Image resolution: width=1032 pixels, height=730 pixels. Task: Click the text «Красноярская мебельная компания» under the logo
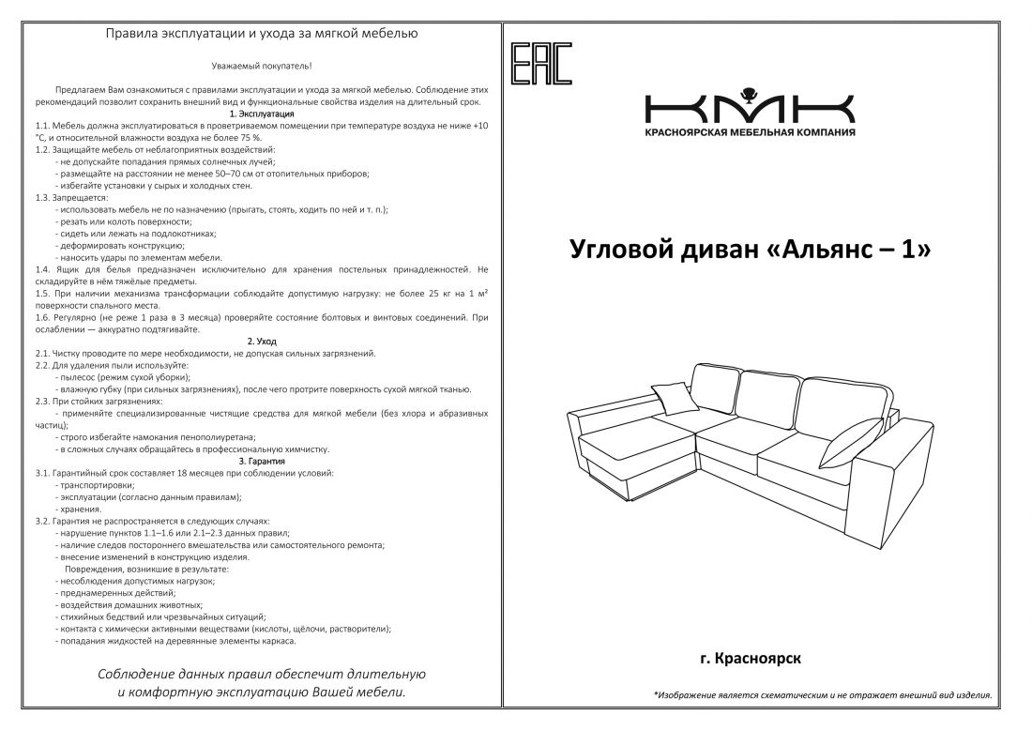(x=749, y=132)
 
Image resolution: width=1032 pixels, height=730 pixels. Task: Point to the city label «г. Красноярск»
(x=750, y=660)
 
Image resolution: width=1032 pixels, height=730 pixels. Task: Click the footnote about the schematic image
(x=822, y=695)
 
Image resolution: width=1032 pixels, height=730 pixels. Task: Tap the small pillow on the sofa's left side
(x=677, y=402)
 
